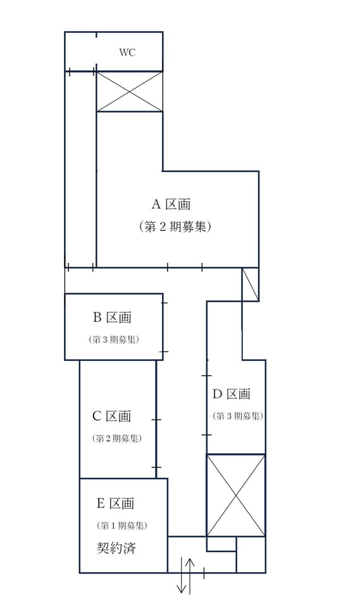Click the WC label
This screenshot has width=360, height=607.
coord(127,52)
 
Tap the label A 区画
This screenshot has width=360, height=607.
coord(171,204)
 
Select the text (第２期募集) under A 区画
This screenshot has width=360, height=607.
coord(175,226)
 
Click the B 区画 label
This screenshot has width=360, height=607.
coord(113,317)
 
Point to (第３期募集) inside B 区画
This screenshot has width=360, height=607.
coord(114,340)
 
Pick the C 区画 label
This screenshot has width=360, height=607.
coord(111,416)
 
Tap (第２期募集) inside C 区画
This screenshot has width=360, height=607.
coord(116,438)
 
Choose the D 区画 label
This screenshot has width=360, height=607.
coord(232,394)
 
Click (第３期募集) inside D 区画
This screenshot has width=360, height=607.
coord(237,416)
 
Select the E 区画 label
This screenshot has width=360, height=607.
coord(115,503)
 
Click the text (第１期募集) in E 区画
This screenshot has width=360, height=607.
coord(121,525)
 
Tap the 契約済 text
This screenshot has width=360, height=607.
coord(116,548)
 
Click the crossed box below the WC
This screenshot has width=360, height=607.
coord(130,92)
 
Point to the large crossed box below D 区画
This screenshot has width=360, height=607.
coord(235,496)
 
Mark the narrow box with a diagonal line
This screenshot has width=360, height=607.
coord(250,284)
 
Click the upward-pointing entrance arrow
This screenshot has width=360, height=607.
coord(190,576)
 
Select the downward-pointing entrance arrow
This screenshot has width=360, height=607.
coord(182,575)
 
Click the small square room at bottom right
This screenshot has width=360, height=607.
coord(251,555)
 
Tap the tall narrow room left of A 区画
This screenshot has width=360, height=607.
coord(80,169)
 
